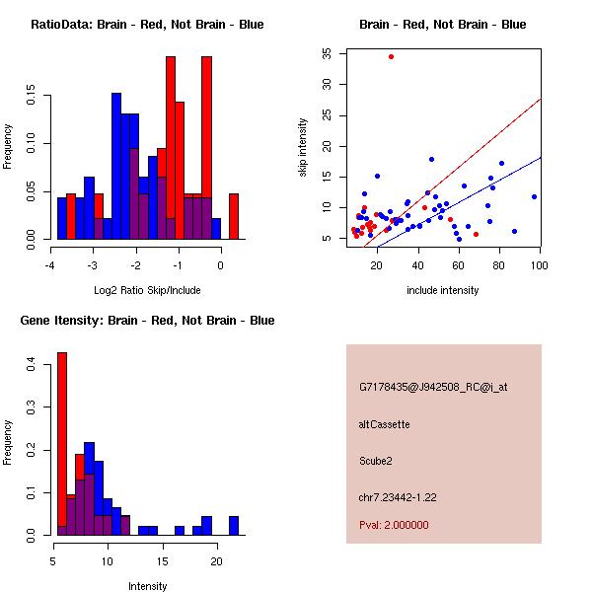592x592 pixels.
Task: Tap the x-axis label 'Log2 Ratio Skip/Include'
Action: [147, 290]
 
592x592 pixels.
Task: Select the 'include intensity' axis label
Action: [442, 290]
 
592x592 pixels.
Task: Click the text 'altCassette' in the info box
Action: [385, 424]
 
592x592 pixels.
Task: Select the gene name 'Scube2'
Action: [376, 460]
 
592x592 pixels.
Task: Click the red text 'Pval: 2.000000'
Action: [394, 525]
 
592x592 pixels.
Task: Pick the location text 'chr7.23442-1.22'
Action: [398, 495]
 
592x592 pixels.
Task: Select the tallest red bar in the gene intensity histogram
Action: [62, 444]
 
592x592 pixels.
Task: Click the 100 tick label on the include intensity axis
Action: [539, 266]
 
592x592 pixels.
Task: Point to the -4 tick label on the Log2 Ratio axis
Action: [49, 266]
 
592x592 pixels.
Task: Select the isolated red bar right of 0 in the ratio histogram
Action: [234, 216]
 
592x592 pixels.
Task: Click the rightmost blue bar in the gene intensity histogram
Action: [234, 525]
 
